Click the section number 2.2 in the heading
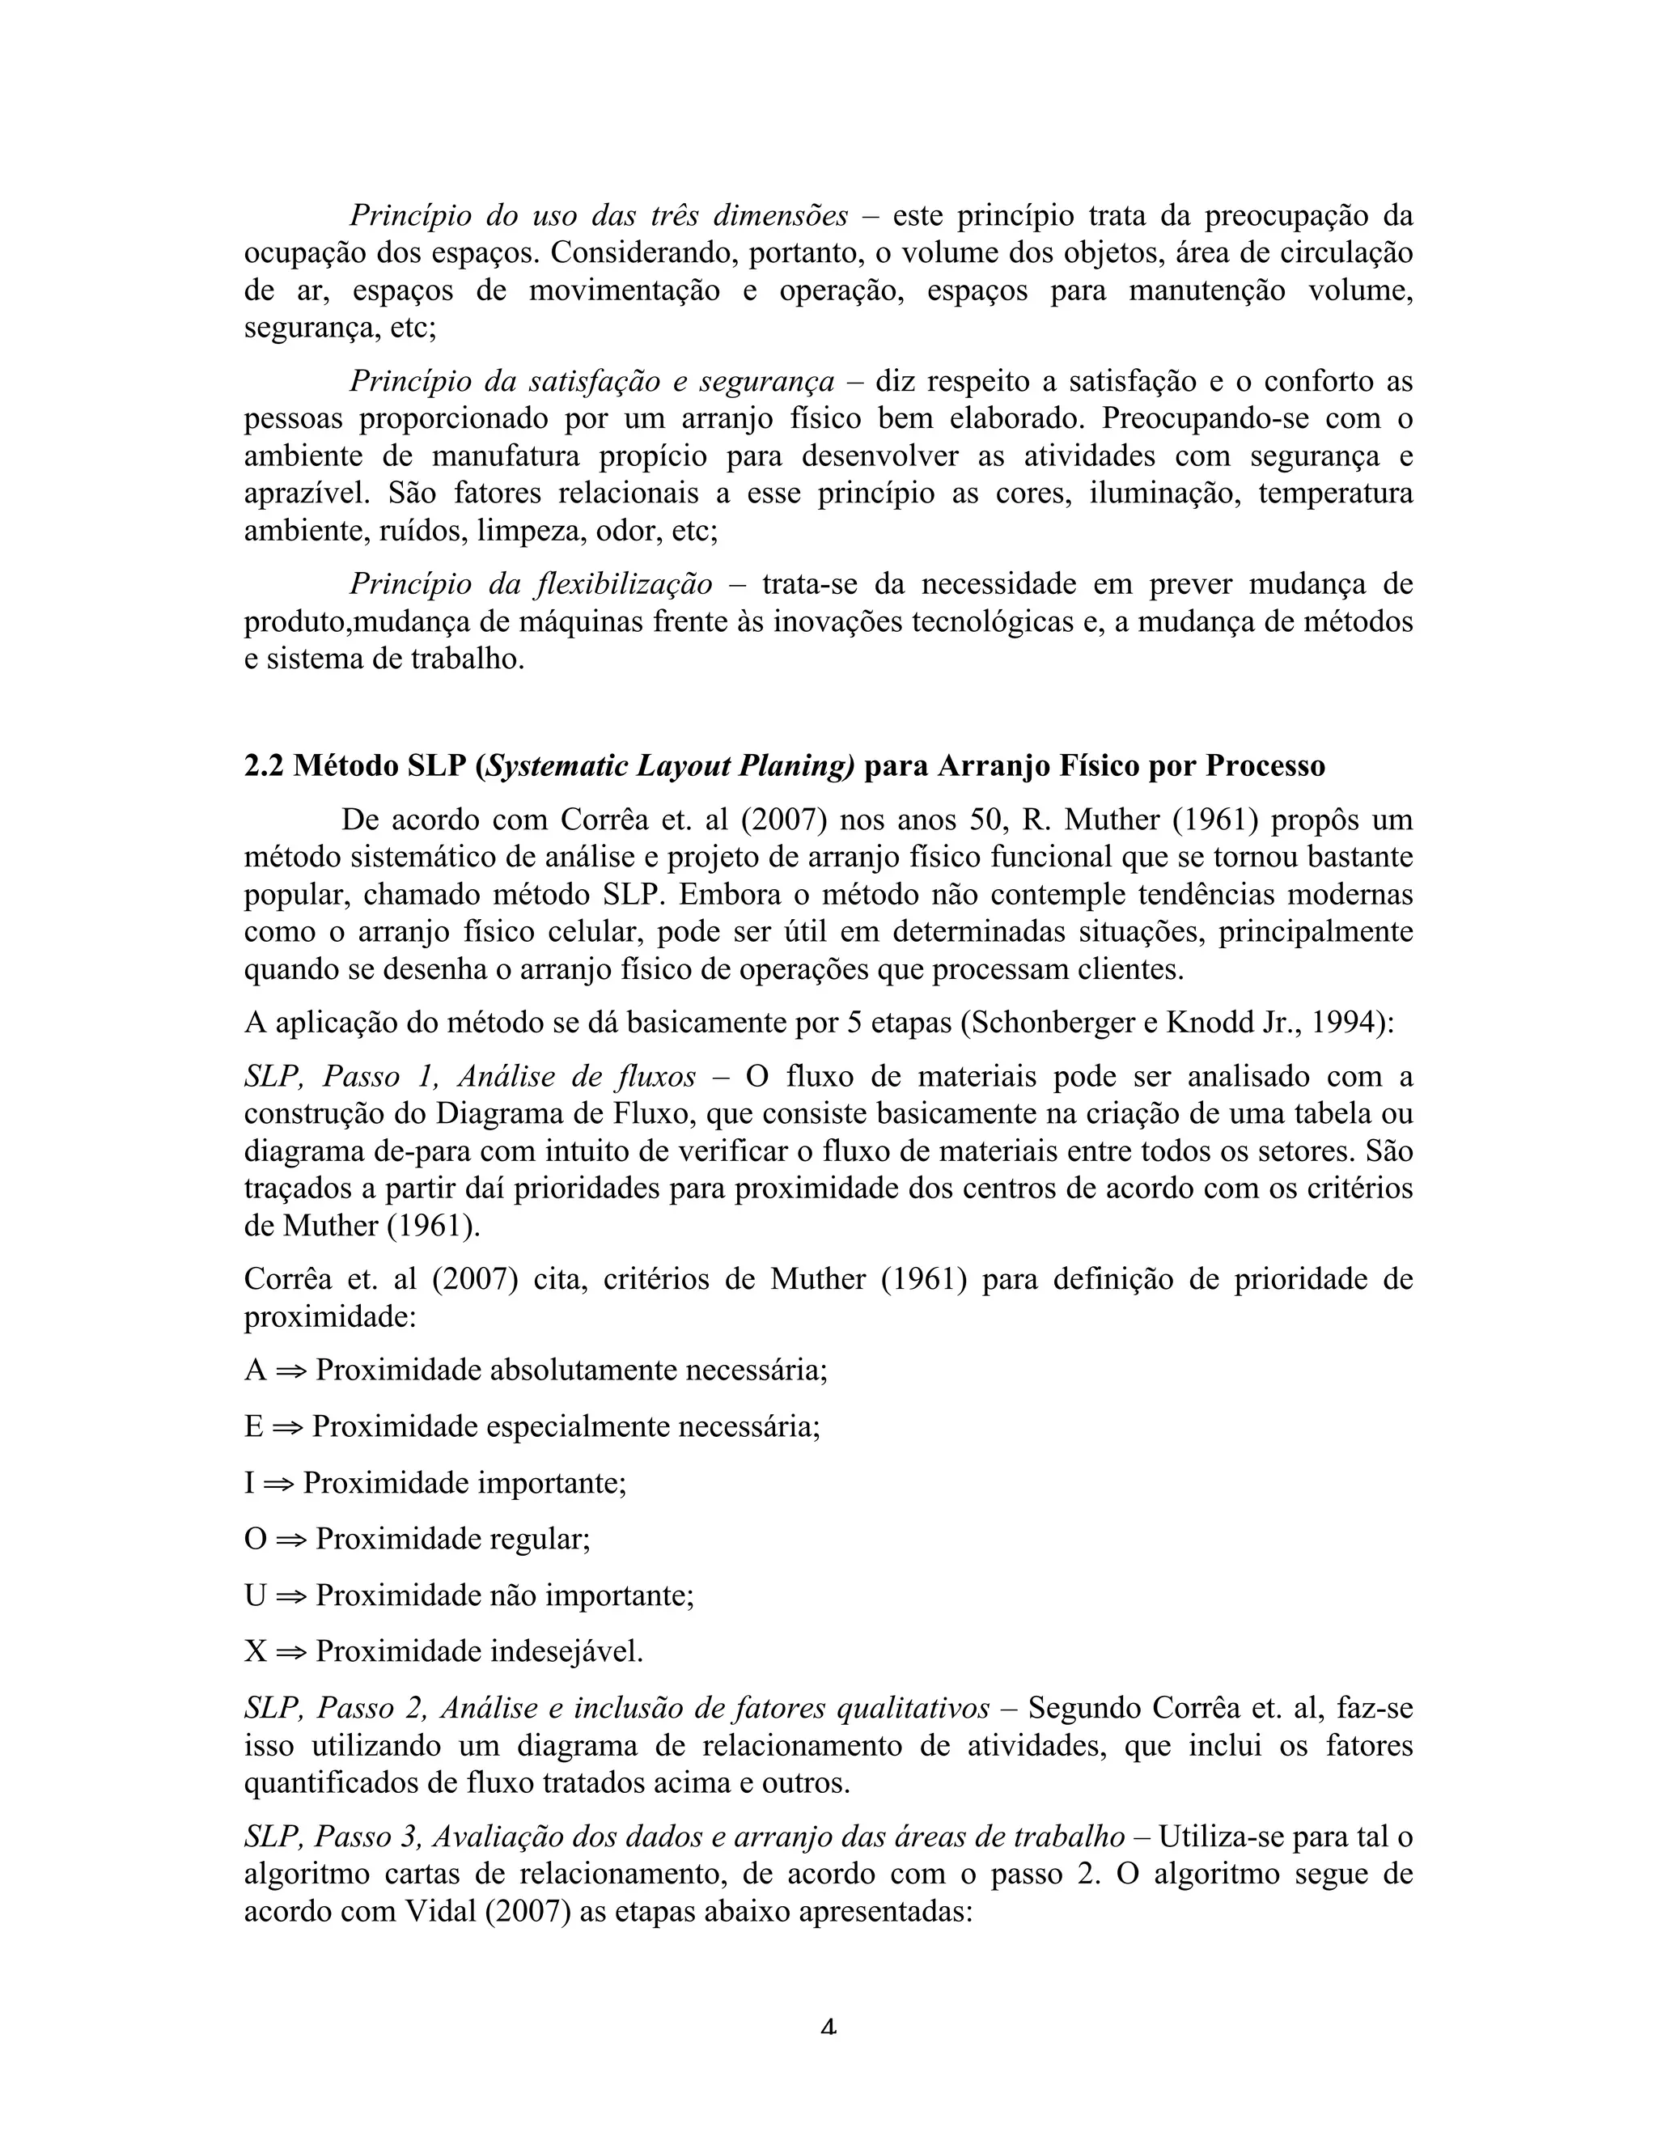click(x=263, y=765)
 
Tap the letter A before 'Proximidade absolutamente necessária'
click(x=255, y=1368)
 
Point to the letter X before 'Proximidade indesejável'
click(x=255, y=1651)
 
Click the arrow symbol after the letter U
click(x=290, y=1595)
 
